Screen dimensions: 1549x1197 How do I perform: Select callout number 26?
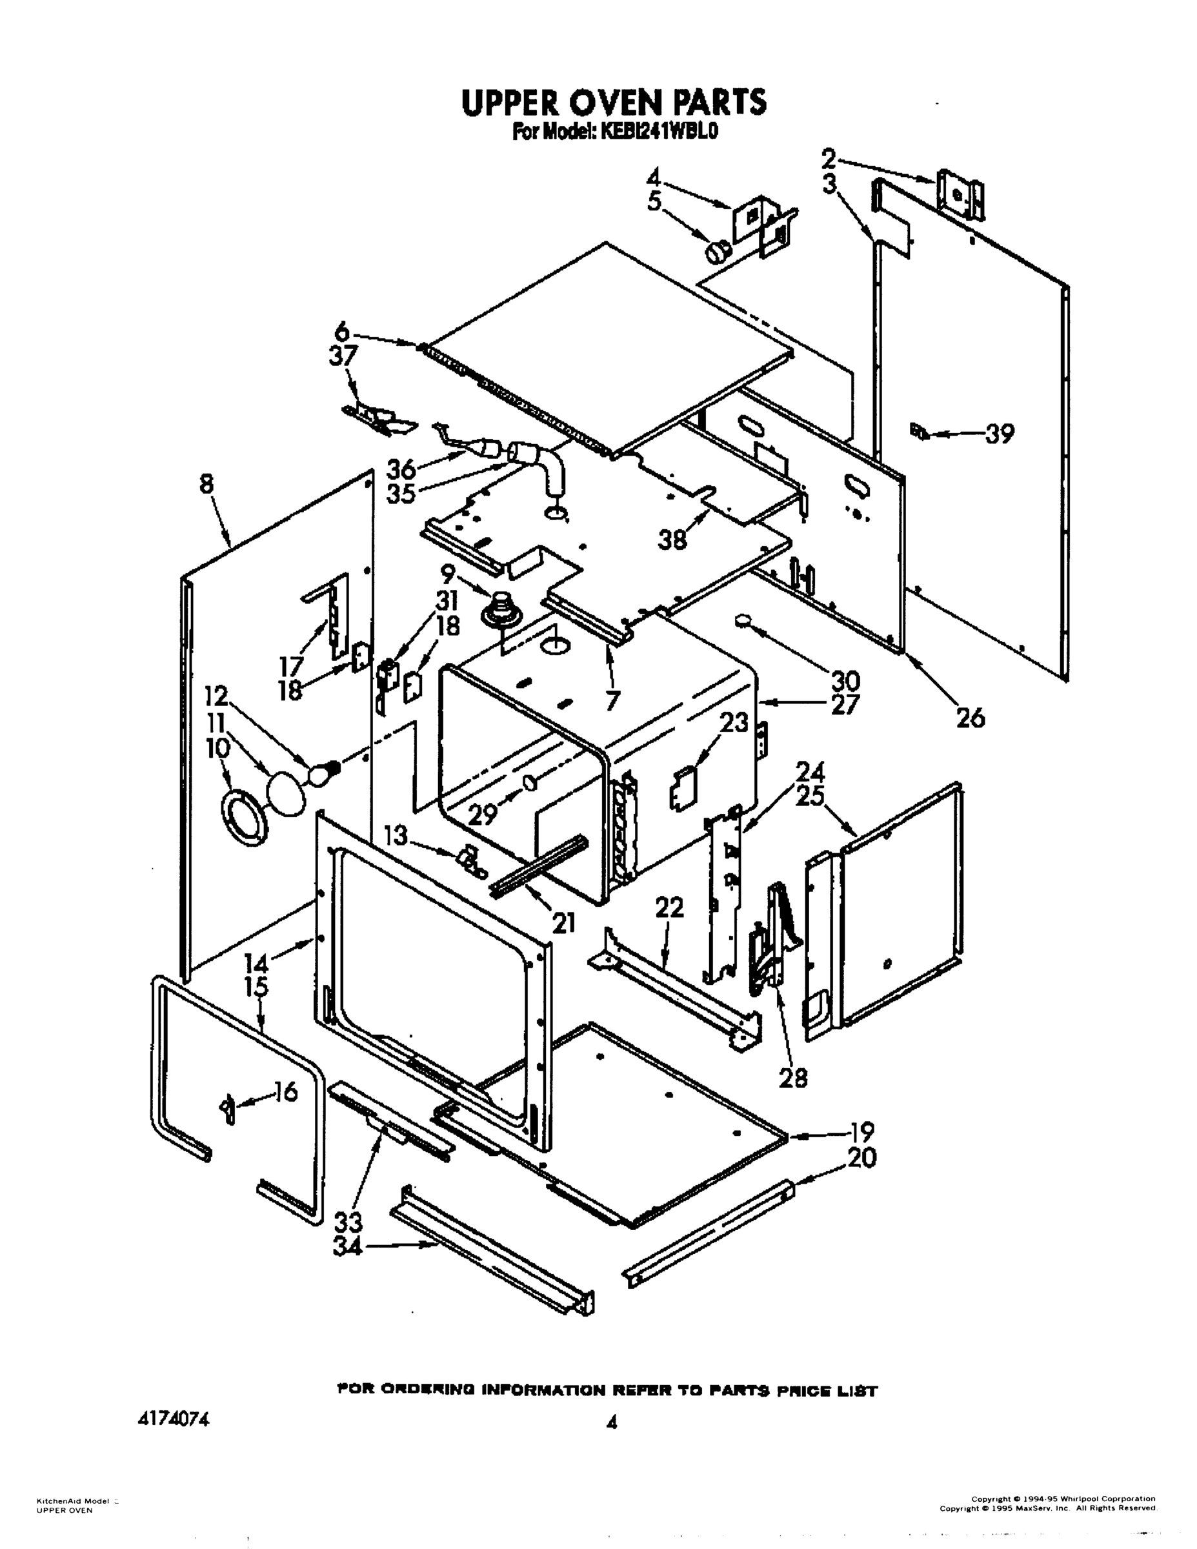(x=969, y=718)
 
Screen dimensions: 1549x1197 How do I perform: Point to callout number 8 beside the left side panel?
(x=206, y=485)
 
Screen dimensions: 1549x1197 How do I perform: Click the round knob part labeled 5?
(x=717, y=250)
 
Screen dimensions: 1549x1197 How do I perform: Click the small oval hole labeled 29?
(x=530, y=782)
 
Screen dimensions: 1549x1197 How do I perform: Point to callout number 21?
(x=563, y=922)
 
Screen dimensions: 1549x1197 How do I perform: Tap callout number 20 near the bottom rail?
(x=861, y=1157)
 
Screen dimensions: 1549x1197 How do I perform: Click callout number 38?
(x=672, y=540)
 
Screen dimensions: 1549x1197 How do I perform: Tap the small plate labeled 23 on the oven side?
(x=682, y=787)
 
